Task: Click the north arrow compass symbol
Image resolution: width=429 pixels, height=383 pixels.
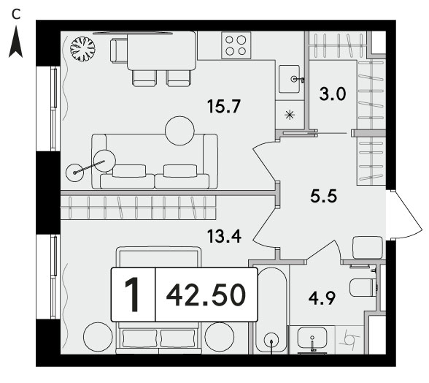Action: (15, 42)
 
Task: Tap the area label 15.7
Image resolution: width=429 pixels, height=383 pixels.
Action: (224, 106)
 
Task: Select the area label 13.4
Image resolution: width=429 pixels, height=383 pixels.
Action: (224, 236)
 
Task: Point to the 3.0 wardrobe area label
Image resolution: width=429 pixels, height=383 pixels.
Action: (333, 94)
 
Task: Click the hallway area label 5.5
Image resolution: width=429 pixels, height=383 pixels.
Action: (323, 196)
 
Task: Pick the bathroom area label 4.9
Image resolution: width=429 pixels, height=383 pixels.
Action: (322, 298)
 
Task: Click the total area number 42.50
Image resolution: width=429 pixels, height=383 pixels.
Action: (206, 295)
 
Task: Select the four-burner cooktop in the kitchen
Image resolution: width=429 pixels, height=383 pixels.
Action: (236, 45)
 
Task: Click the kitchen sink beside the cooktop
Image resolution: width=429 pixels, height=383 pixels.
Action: (290, 79)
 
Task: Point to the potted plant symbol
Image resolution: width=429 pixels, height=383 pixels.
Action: (82, 49)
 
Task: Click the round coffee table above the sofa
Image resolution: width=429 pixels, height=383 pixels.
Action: (179, 131)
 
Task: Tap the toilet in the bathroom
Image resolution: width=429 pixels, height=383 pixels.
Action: (364, 287)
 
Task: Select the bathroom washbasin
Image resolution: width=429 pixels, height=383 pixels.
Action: (312, 338)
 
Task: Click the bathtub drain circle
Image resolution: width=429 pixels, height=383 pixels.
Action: (271, 341)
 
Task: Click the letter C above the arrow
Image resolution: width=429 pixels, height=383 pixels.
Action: (16, 15)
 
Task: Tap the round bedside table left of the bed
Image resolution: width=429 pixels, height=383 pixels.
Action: (98, 335)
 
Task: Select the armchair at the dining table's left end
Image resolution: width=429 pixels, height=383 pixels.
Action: (119, 51)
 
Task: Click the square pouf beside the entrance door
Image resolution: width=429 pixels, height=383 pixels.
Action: (368, 247)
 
